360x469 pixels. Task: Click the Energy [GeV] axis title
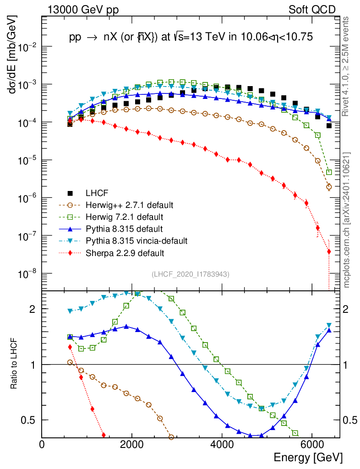(x=308, y=458)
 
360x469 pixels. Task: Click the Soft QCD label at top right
(x=312, y=10)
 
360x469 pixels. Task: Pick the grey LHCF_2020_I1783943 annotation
(x=191, y=274)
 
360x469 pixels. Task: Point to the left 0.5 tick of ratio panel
(x=33, y=420)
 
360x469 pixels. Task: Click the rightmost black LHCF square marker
(x=329, y=125)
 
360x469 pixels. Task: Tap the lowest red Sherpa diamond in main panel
(x=329, y=251)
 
